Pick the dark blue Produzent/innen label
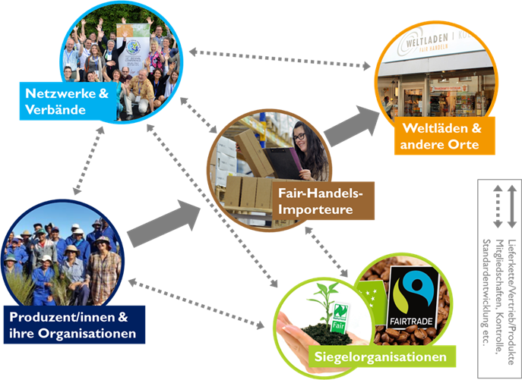coord(74,325)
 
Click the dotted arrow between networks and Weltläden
coord(281,57)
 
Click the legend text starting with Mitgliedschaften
coord(498,296)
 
